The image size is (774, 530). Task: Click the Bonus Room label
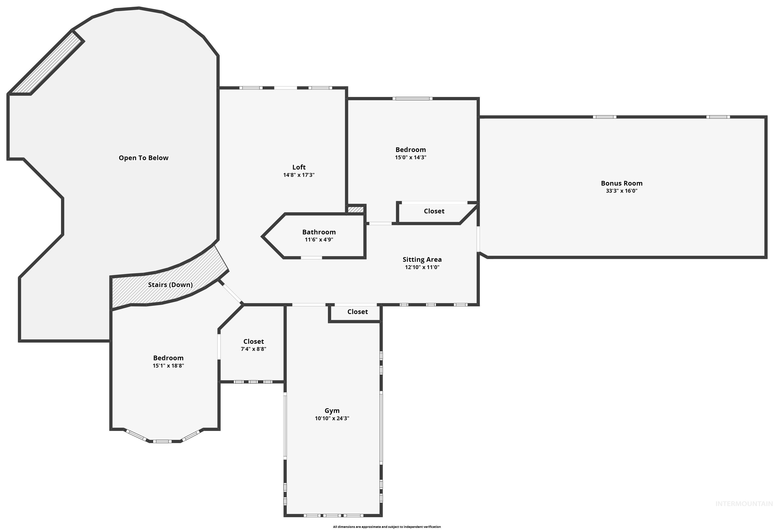(622, 183)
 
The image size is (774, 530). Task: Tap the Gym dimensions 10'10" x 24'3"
(332, 418)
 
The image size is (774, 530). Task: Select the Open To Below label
(144, 158)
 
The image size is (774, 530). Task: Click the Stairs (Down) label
(170, 285)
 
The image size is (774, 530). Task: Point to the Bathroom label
(319, 232)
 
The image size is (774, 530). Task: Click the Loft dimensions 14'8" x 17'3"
(299, 175)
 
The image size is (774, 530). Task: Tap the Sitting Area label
(422, 260)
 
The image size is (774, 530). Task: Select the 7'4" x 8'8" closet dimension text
(253, 349)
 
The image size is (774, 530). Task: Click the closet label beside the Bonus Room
(434, 211)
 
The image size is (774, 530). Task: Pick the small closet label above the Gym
(357, 312)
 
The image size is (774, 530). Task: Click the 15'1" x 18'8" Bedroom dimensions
(168, 366)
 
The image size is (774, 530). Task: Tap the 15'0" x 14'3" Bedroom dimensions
(410, 158)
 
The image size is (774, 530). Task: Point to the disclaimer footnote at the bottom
(387, 527)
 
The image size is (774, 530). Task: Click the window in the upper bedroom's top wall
(412, 99)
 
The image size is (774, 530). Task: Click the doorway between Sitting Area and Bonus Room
(479, 239)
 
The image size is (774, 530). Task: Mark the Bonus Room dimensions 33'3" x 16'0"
(622, 191)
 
